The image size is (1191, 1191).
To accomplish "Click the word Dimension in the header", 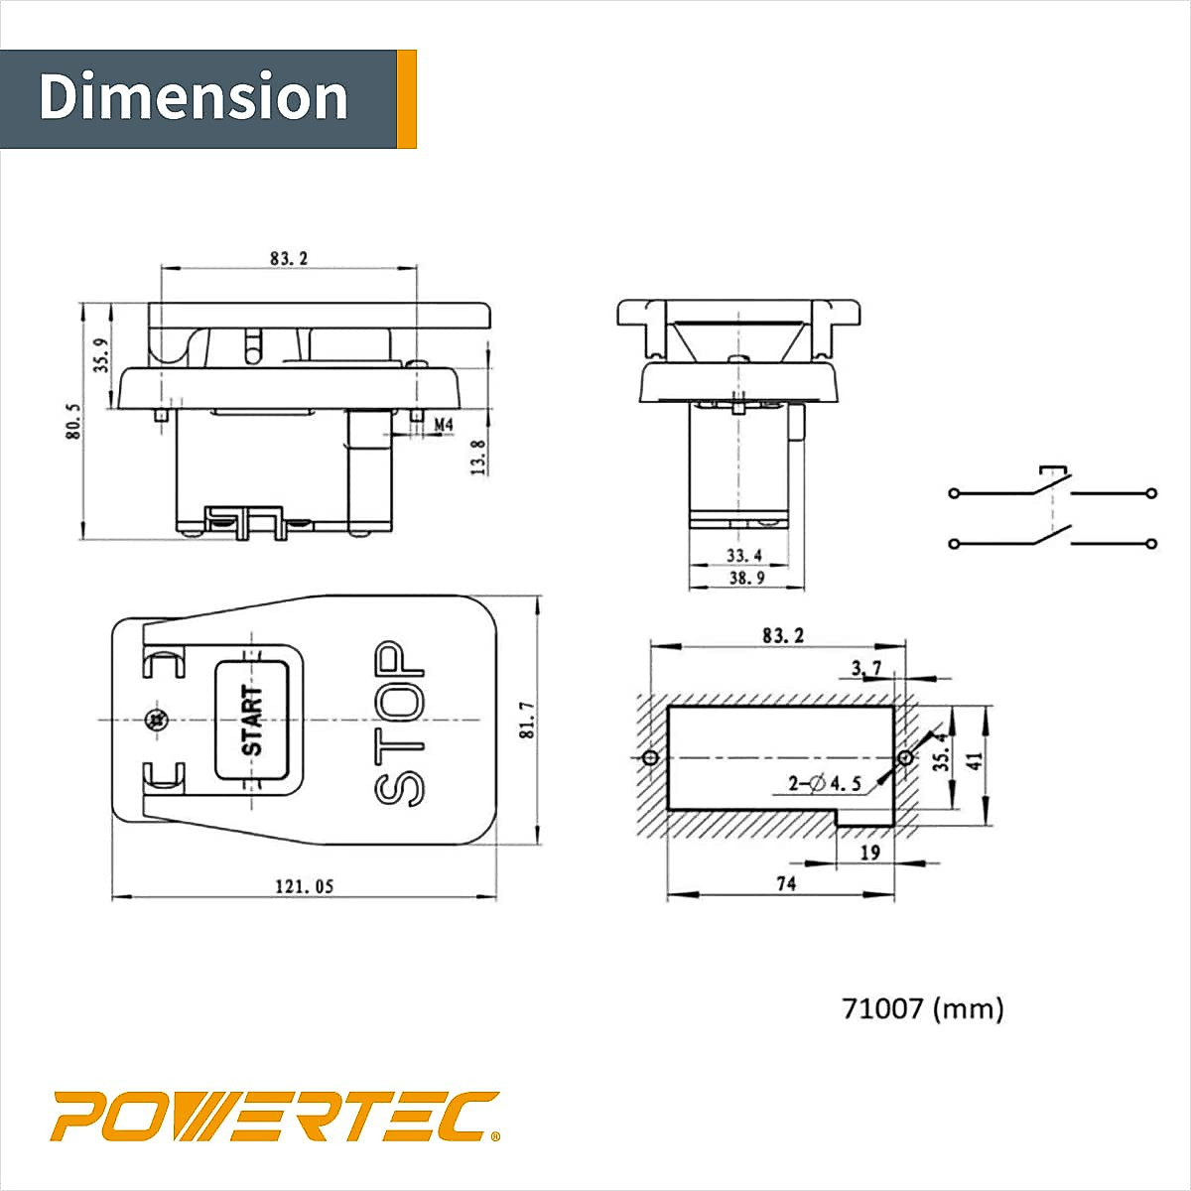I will click(194, 97).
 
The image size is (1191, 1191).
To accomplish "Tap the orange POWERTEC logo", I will click(275, 1117).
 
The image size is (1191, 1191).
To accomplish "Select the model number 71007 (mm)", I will click(922, 1008).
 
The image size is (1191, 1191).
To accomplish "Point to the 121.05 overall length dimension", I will click(304, 886).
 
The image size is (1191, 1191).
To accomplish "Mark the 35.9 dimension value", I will click(101, 354).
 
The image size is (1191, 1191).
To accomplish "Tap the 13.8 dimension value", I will click(478, 458).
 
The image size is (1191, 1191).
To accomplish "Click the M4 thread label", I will click(444, 425).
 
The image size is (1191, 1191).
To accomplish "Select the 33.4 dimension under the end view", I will click(744, 555).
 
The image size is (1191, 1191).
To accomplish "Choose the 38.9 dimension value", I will click(744, 578).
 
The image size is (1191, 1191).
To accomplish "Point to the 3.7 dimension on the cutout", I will click(865, 669).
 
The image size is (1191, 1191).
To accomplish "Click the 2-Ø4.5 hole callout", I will click(825, 784).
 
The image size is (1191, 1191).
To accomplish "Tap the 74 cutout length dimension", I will click(785, 883).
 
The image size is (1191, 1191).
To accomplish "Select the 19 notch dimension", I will click(870, 852).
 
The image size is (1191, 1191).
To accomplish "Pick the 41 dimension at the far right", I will click(975, 759).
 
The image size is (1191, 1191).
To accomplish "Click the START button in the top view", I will click(252, 720).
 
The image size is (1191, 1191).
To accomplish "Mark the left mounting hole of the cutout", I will click(650, 757).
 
